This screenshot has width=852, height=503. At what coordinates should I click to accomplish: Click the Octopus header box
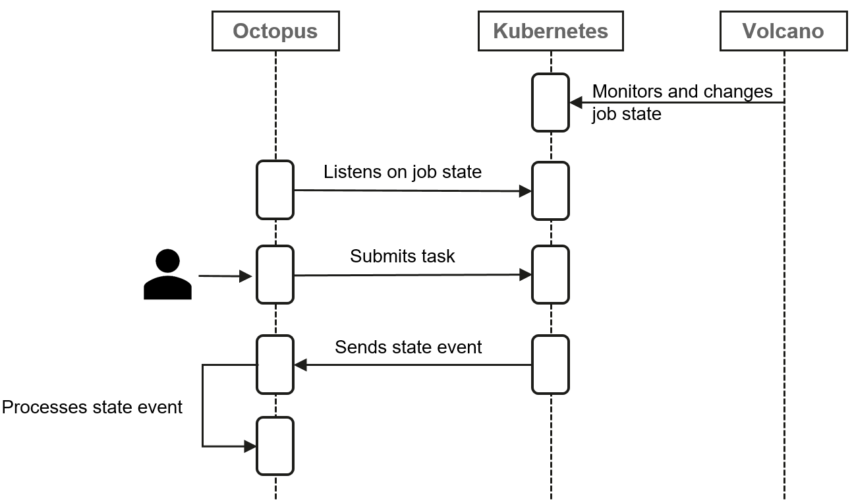(275, 31)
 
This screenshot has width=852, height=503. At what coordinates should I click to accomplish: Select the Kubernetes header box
(550, 31)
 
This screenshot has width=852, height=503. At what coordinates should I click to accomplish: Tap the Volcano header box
(783, 31)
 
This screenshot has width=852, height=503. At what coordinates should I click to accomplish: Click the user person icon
(167, 275)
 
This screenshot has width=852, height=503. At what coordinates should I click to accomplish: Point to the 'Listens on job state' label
(402, 172)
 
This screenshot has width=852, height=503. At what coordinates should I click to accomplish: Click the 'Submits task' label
(402, 256)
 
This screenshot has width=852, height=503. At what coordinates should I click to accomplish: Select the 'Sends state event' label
(408, 347)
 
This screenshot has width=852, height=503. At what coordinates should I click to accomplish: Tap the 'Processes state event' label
(92, 407)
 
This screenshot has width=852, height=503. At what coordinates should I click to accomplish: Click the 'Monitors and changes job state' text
(681, 102)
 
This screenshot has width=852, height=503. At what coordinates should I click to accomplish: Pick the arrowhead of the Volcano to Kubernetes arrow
(575, 102)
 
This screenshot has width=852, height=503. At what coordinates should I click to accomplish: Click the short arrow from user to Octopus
(225, 276)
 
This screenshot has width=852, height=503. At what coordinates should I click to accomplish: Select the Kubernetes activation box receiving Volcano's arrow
(550, 102)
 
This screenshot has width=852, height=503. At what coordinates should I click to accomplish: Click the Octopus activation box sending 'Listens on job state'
(275, 190)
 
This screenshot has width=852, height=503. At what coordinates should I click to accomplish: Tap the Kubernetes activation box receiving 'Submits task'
(550, 274)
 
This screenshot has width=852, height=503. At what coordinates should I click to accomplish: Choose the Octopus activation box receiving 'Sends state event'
(275, 364)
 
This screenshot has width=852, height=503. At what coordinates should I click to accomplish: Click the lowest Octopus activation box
(275, 446)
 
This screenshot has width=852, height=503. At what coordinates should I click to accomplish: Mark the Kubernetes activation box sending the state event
(550, 364)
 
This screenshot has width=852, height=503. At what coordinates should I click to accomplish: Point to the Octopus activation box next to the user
(275, 274)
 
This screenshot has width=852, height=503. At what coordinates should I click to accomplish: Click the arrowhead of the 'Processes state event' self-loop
(250, 446)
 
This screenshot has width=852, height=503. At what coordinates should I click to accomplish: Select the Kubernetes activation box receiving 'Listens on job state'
(550, 191)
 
